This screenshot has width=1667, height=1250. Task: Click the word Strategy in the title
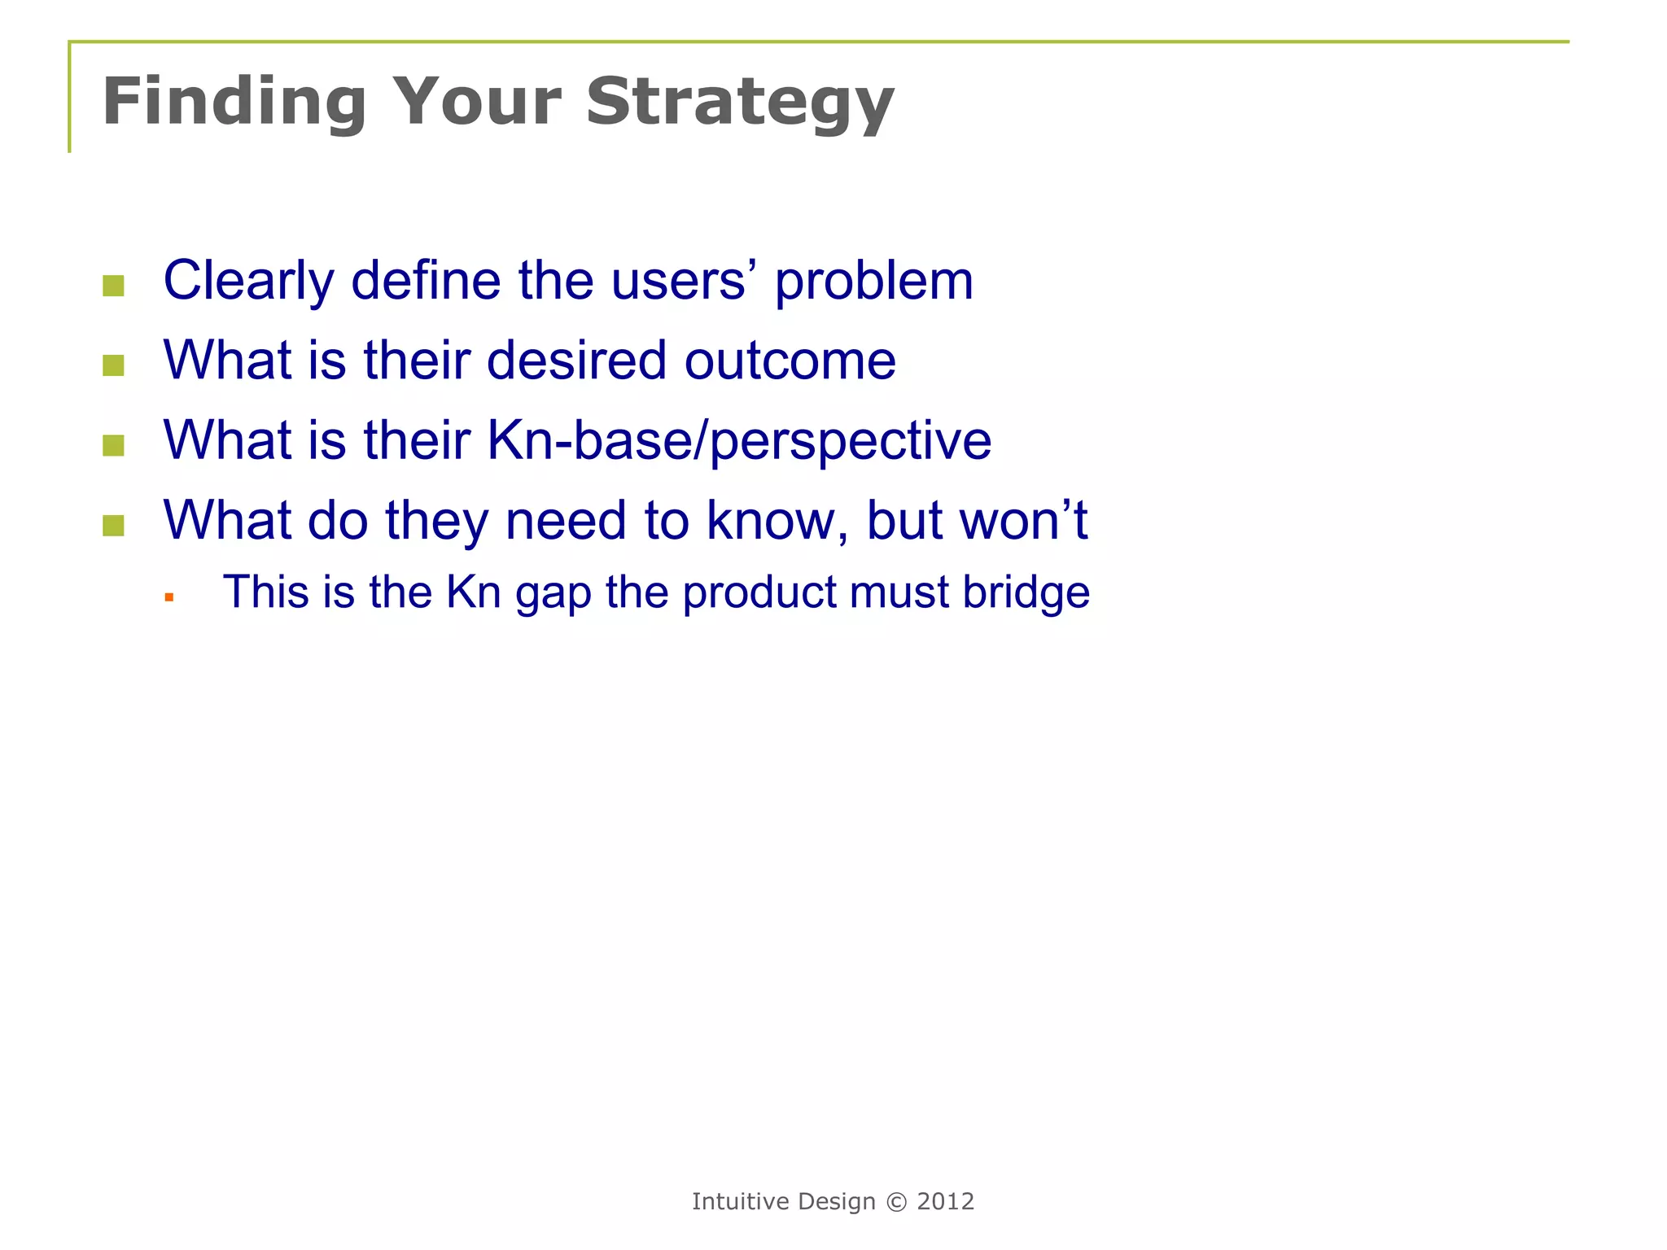[739, 103]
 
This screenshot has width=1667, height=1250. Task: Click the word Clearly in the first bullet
[248, 281]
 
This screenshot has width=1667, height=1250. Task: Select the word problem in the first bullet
[873, 281]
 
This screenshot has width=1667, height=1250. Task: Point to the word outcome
[790, 361]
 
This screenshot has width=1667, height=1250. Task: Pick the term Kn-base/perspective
[739, 440]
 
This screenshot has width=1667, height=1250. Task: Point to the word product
[759, 592]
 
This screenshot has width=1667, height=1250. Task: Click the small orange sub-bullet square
[169, 597]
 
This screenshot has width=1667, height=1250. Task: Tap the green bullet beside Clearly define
[113, 286]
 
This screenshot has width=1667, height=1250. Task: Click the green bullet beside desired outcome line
[113, 365]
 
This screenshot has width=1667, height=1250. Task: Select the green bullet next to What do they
[113, 526]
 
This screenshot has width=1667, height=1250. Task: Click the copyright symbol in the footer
[895, 1202]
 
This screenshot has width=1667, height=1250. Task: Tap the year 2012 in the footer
[945, 1202]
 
